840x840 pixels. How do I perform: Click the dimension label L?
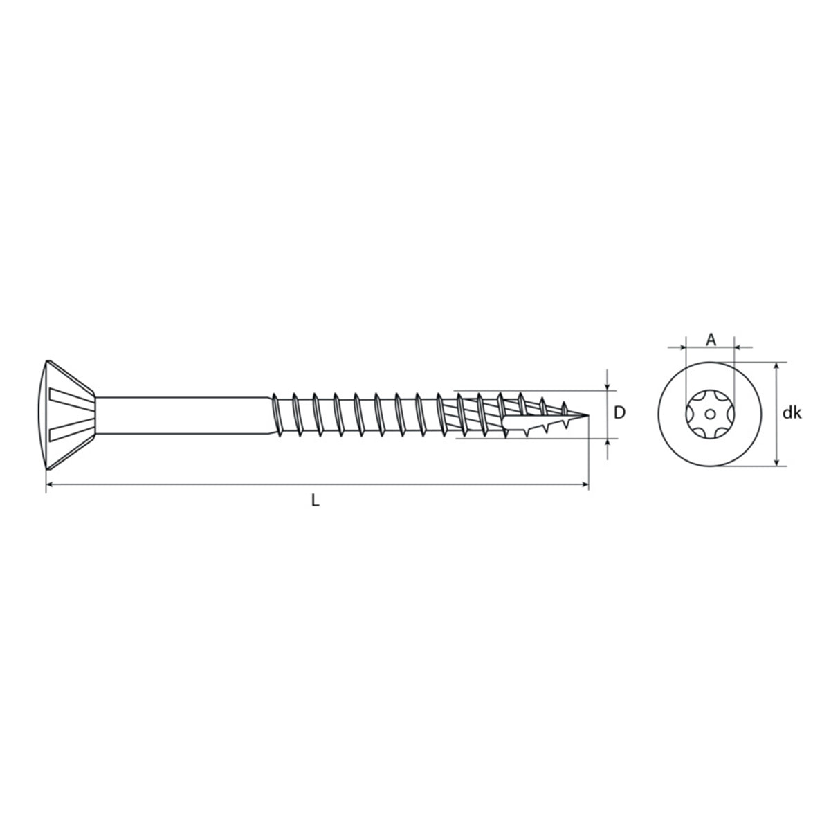pos(315,500)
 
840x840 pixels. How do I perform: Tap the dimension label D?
pos(619,412)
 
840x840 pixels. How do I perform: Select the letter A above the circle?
pos(711,340)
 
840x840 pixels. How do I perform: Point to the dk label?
pos(792,412)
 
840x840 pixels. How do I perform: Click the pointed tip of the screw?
pos(588,415)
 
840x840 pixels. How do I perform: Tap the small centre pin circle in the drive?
pos(710,414)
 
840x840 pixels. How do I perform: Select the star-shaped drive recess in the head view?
pos(710,414)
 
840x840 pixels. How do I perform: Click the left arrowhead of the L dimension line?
pos(50,484)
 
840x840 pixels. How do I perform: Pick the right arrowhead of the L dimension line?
pos(585,484)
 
